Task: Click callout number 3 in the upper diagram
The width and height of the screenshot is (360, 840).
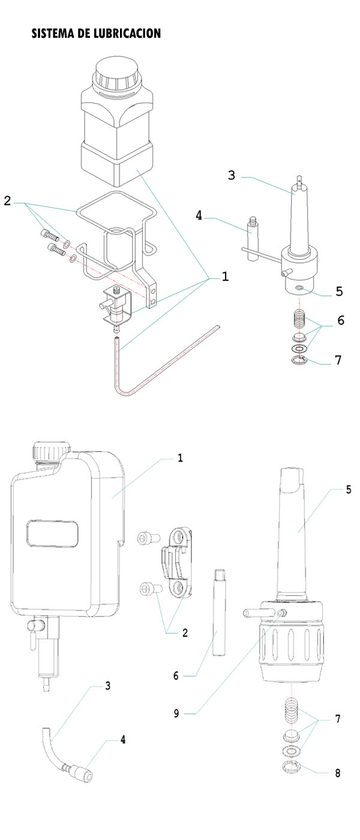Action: (x=231, y=175)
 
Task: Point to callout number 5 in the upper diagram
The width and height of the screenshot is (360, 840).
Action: (x=339, y=292)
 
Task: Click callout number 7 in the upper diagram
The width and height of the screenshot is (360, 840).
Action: (x=338, y=360)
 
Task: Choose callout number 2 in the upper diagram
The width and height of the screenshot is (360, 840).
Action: (x=7, y=202)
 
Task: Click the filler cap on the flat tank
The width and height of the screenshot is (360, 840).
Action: (x=51, y=451)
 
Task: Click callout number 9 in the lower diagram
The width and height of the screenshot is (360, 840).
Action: (x=176, y=713)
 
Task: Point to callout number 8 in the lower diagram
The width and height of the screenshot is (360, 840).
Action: (x=337, y=773)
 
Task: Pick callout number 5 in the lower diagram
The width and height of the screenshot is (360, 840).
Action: (x=348, y=489)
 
